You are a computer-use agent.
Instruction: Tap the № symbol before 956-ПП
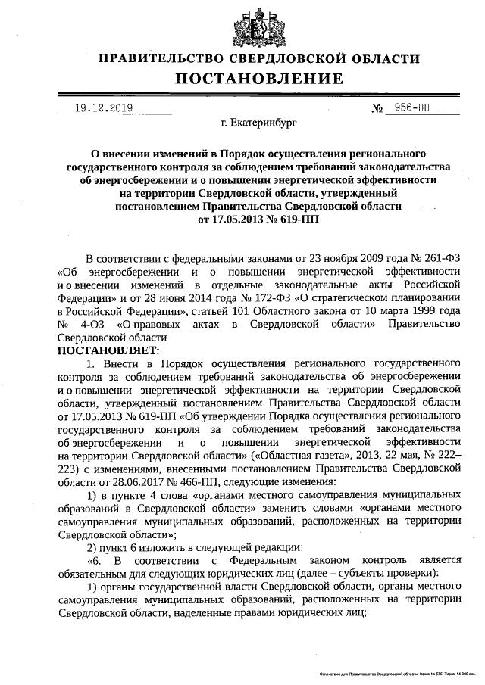377,108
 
